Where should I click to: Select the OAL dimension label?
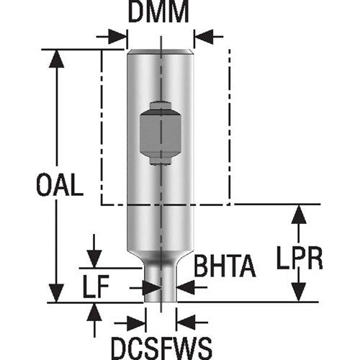pos(59,186)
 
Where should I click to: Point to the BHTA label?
pos(224,266)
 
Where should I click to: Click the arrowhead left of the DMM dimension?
pos(120,35)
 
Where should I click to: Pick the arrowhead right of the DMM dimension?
pos(202,35)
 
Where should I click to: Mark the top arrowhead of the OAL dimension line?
pos(55,58)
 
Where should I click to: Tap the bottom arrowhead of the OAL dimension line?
pos(55,294)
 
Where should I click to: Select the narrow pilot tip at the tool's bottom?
pos(159,284)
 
